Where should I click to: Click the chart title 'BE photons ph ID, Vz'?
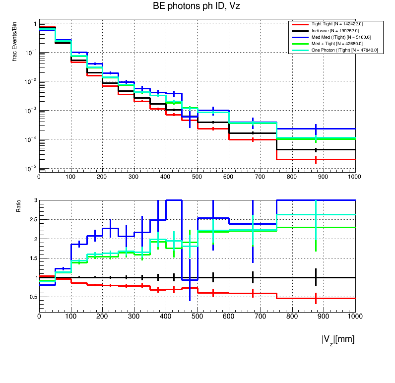point(197,6)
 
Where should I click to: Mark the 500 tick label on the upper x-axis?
point(197,176)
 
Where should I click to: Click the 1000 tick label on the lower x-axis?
point(354,316)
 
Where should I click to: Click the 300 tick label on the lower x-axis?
point(134,316)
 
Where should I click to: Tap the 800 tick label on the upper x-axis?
point(292,176)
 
